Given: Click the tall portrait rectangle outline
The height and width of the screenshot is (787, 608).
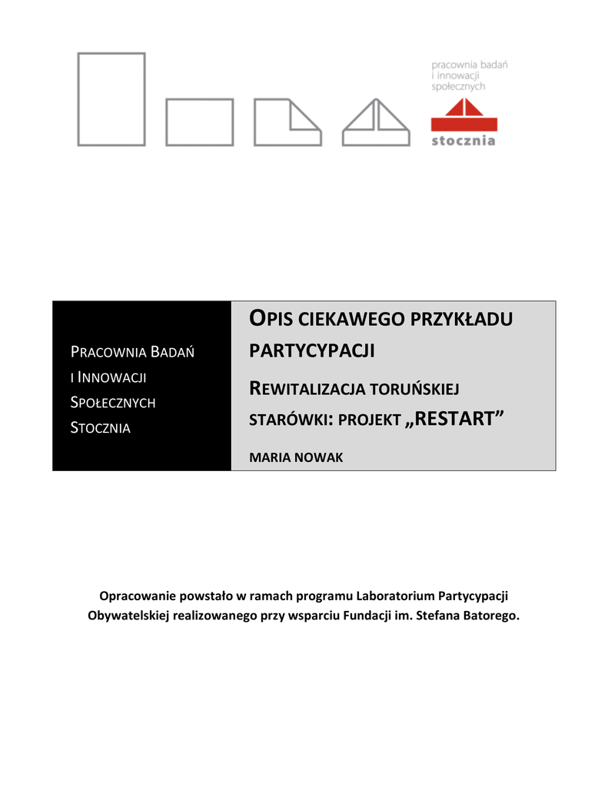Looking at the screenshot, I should pos(111,98).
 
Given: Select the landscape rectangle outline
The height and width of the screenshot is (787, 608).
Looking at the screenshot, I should pos(199,121).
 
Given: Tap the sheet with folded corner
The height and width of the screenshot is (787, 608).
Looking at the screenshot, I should pos(287,121).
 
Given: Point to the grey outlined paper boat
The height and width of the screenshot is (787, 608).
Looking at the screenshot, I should pos(375,122).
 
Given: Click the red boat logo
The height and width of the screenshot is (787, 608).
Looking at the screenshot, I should pos(463,118).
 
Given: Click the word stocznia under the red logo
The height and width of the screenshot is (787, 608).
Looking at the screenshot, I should pos(463,141).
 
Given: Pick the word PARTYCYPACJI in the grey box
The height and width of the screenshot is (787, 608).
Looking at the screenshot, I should pos(312,351).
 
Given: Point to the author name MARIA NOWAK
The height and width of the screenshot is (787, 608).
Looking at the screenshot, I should pos(297,457).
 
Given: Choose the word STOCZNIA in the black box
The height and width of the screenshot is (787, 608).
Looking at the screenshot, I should pos(101,427).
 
